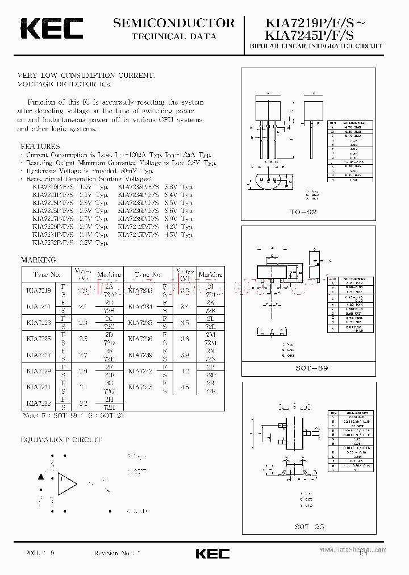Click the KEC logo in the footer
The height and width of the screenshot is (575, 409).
(x=212, y=553)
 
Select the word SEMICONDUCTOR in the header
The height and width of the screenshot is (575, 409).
(x=173, y=23)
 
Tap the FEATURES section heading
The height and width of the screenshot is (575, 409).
(x=40, y=146)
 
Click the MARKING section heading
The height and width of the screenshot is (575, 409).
(x=39, y=260)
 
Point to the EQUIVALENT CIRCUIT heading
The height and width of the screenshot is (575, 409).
(x=61, y=440)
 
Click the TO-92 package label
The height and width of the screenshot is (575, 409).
(x=304, y=212)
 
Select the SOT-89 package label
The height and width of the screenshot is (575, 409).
(x=312, y=368)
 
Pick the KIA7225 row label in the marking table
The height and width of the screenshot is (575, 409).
(x=38, y=338)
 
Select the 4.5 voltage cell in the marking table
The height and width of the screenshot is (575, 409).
(x=185, y=387)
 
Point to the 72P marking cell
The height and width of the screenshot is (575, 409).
(x=210, y=376)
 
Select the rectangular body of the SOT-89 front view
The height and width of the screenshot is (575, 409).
(x=272, y=269)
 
